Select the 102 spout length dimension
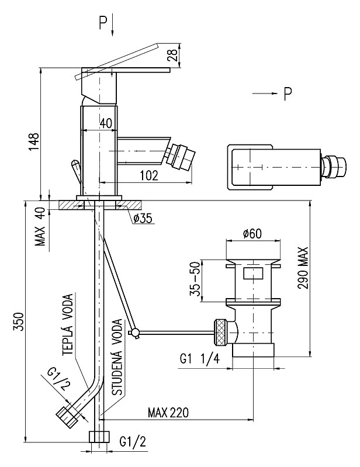(148, 174)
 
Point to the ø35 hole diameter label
(142, 218)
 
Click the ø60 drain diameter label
(253, 234)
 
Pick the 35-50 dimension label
(196, 281)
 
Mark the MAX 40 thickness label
(40, 227)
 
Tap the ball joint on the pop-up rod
(136, 333)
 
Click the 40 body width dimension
(105, 123)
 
